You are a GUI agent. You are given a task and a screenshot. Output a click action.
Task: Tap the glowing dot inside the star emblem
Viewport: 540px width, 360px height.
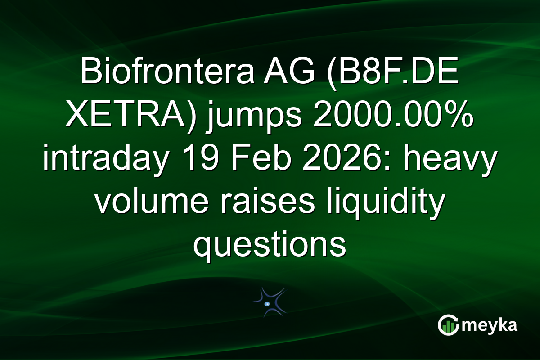pyautogui.click(x=267, y=304)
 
